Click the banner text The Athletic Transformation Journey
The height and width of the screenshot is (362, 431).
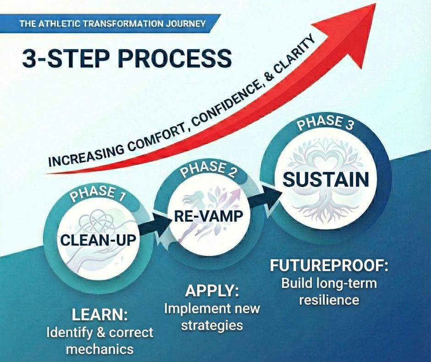click(112, 23)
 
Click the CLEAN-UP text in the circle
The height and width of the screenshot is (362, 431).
click(100, 239)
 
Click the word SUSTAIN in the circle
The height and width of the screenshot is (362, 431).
click(326, 180)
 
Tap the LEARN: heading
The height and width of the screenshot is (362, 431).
click(99, 316)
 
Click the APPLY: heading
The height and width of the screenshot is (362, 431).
click(213, 291)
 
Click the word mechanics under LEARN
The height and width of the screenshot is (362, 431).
click(99, 348)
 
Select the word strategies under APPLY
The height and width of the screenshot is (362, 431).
click(211, 325)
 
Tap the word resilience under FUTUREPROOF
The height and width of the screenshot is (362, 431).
click(329, 300)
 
